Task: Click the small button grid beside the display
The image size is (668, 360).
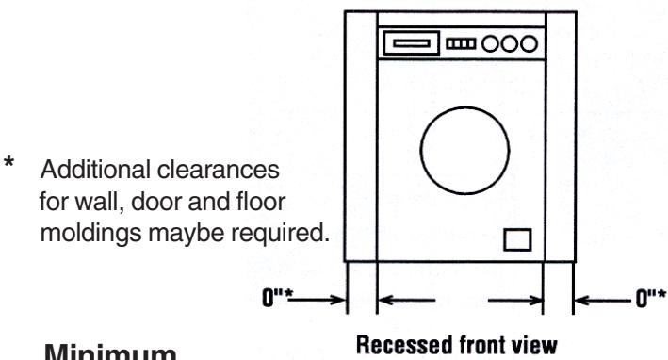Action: click(x=463, y=43)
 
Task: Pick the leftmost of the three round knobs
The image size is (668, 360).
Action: click(x=492, y=43)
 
